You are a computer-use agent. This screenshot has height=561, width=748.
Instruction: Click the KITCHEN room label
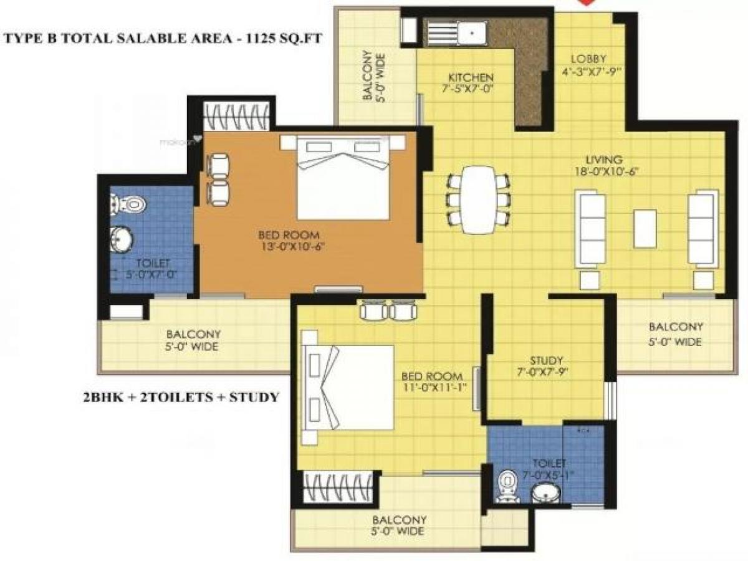click(x=471, y=77)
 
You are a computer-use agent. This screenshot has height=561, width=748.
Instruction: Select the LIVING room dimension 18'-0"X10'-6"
click(x=608, y=171)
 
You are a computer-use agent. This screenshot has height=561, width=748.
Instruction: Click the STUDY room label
click(x=547, y=360)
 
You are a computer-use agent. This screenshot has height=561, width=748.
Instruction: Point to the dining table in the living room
click(x=478, y=199)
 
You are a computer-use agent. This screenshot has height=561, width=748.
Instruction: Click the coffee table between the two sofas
click(x=645, y=229)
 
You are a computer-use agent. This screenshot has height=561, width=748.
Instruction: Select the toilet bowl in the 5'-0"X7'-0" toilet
click(x=132, y=204)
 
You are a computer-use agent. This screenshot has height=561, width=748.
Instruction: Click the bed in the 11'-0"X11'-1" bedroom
click(x=349, y=386)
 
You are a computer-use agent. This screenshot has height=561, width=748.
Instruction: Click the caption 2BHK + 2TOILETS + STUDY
click(x=181, y=396)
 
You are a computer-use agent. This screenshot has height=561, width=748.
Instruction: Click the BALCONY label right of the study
click(x=676, y=327)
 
